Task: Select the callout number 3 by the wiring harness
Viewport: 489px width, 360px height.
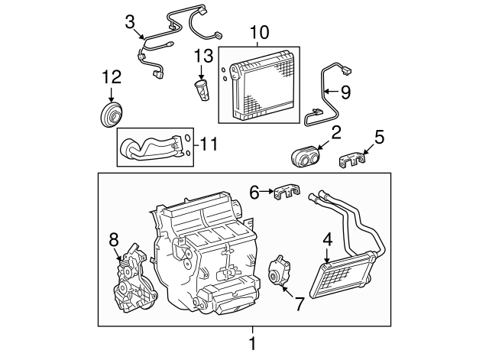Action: (x=130, y=21)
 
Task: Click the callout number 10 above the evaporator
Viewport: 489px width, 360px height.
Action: (x=259, y=33)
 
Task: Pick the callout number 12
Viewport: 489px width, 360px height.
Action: (x=111, y=76)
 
